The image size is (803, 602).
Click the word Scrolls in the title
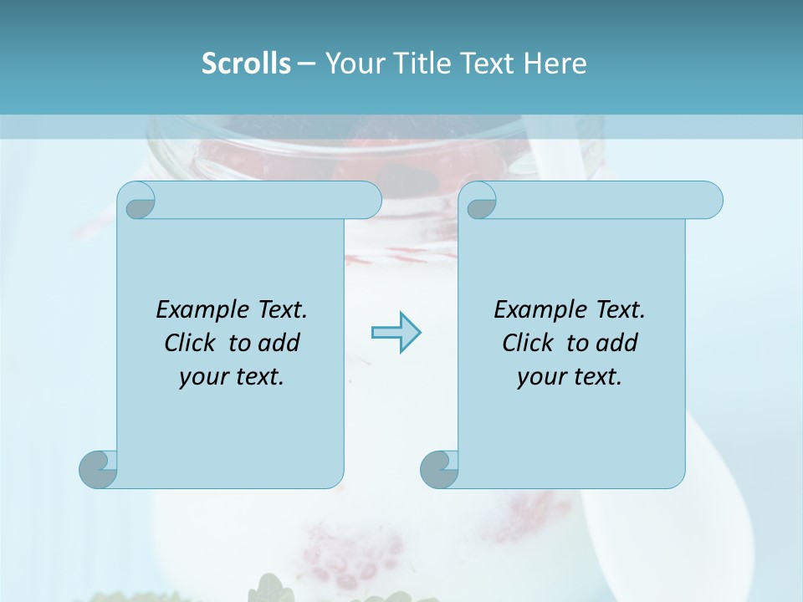[246, 64]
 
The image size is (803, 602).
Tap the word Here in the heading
[555, 64]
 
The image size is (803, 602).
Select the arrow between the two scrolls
[396, 333]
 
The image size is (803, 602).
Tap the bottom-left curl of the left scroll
[98, 469]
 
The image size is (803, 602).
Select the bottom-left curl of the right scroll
[438, 469]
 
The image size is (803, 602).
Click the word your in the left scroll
[201, 377]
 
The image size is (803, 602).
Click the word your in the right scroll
[539, 377]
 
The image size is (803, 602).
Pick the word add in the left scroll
[279, 343]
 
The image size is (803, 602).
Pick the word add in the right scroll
[617, 343]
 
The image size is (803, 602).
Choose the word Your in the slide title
[350, 64]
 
